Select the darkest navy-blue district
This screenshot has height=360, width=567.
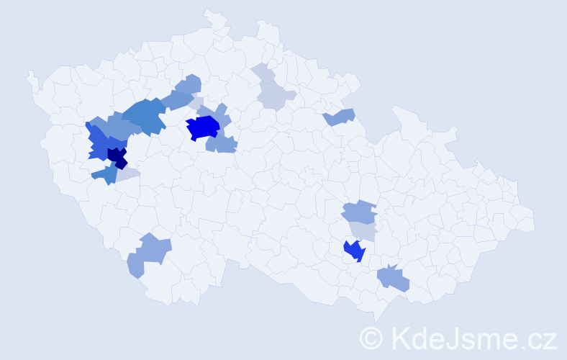coord(117,156)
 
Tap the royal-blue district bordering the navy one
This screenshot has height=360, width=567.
coord(101,144)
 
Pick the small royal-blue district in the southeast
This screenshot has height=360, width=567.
coord(354,251)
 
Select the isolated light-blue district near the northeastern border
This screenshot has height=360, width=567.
coord(340,117)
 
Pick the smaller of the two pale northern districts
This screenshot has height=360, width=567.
coord(262,73)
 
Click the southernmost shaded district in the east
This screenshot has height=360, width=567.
coord(393,278)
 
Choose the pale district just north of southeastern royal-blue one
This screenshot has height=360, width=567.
coord(362,230)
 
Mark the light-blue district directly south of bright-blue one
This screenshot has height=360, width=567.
coord(221,144)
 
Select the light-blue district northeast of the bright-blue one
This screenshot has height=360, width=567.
coord(220,113)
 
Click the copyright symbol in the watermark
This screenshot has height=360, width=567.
coord(371,338)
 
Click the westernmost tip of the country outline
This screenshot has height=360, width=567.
coord(28,72)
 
